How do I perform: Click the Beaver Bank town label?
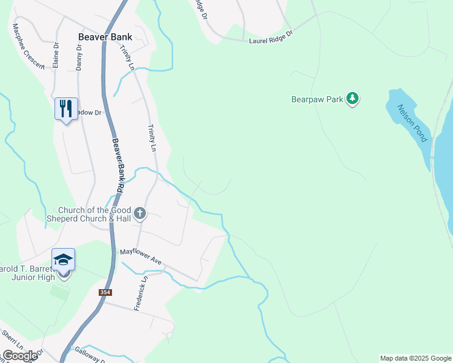click(105, 36)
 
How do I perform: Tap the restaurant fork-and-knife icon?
click(64, 109)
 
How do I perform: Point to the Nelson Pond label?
click(412, 123)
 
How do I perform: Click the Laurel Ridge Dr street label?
click(271, 38)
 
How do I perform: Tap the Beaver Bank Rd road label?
click(117, 166)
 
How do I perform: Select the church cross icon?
click(140, 213)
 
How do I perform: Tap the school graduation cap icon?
click(64, 260)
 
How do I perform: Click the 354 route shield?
click(106, 292)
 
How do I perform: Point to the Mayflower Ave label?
click(140, 256)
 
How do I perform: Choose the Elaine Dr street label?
click(56, 54)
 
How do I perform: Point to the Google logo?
click(20, 356)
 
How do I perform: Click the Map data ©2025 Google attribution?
click(415, 358)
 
